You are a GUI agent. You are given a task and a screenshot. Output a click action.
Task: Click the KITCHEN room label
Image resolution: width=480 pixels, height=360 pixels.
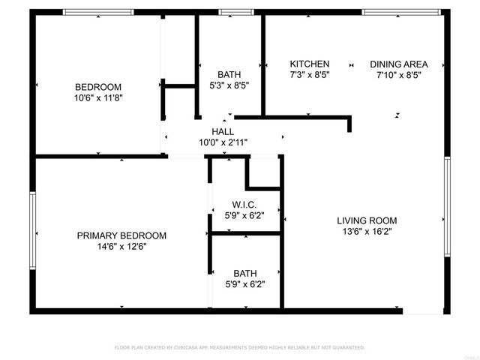coord(310,64)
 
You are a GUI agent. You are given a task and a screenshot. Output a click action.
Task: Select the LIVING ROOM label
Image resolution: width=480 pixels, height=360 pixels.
coord(366,220)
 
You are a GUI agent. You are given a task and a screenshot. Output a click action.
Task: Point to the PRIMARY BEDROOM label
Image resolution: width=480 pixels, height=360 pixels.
coord(121,235)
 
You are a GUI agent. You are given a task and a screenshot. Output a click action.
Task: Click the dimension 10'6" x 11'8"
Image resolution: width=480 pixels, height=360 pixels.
coord(97,97)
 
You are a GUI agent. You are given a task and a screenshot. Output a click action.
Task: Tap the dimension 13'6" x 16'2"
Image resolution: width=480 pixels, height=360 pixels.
coord(366,232)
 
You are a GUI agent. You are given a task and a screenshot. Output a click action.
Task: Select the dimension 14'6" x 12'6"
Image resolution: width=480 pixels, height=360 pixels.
coord(121,247)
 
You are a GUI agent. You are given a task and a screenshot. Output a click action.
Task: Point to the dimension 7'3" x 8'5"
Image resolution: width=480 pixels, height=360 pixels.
coord(310,75)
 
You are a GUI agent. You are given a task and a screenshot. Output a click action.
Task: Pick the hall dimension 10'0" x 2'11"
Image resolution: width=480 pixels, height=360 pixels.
coord(223,142)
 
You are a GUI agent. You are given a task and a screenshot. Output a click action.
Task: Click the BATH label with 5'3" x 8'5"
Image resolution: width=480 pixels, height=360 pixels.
coord(229,74)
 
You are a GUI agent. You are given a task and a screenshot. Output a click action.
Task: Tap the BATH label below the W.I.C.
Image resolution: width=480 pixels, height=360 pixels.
coord(244,274)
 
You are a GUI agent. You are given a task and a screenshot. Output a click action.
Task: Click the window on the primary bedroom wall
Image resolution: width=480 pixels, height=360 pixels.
coord(32,230)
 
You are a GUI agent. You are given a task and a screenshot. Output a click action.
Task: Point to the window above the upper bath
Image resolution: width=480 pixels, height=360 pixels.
coord(235,12)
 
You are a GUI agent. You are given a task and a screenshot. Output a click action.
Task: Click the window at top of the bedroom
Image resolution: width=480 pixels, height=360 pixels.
coord(97,12)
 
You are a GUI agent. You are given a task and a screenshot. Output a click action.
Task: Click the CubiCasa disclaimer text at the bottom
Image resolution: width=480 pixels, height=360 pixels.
coord(239,348)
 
